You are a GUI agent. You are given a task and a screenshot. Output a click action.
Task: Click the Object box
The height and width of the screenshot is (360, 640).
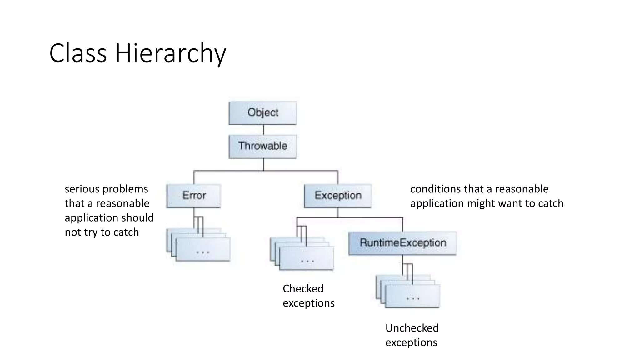coord(262,113)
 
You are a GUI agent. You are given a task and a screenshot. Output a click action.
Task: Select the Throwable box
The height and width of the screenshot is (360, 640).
coord(262,146)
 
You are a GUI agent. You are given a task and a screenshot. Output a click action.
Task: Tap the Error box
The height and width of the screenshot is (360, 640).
coord(194,196)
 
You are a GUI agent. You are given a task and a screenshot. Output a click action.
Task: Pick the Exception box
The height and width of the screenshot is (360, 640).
coord(338,196)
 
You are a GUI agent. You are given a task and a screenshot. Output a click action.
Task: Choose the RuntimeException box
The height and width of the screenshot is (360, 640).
coord(402,243)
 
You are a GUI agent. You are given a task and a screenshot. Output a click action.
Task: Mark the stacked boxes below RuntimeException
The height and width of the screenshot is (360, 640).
coord(412,295)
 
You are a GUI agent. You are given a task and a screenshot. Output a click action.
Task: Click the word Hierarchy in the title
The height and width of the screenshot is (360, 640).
coord(170,54)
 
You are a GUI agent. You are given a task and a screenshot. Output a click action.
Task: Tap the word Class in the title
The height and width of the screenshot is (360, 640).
coord(78,54)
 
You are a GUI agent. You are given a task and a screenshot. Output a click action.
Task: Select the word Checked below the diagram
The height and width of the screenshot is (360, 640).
coord(303,289)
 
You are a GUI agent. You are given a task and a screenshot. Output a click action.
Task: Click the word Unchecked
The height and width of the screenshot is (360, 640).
coord(412,328)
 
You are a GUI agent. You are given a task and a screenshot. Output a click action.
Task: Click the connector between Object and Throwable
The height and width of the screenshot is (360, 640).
coord(263,130)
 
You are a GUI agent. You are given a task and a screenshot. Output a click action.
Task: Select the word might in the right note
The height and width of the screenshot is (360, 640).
coord(481,203)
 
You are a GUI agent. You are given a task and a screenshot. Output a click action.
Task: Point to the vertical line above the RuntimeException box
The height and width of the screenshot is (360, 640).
coord(402,224)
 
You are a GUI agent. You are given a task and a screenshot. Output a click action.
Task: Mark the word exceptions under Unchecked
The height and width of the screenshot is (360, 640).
coord(411,343)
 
